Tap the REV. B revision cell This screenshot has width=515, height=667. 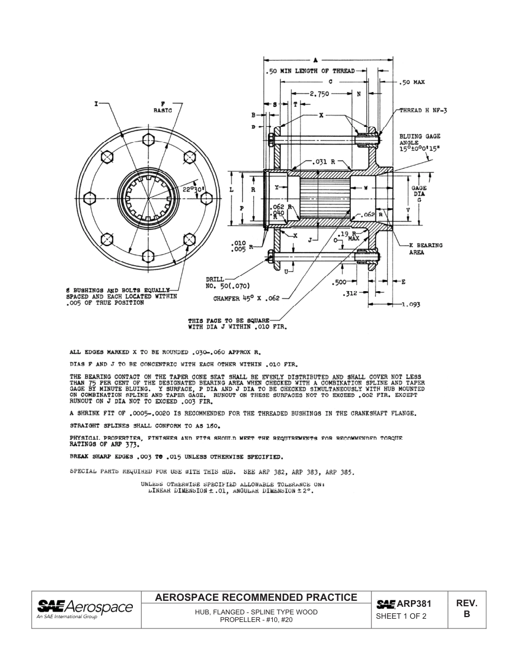pos(466,609)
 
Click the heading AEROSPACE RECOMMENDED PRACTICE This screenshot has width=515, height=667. pos(256,598)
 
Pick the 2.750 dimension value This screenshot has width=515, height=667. pos(319,94)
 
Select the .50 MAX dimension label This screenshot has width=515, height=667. pos(412,82)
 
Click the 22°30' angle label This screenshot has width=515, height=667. pos(192,189)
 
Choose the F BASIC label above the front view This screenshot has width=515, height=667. pos(162,106)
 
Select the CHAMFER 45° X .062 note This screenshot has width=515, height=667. pos(246,298)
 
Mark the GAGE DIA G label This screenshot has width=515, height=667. pos(419,194)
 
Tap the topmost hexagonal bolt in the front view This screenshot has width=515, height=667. pos(148,140)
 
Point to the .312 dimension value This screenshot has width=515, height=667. pos(350,294)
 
